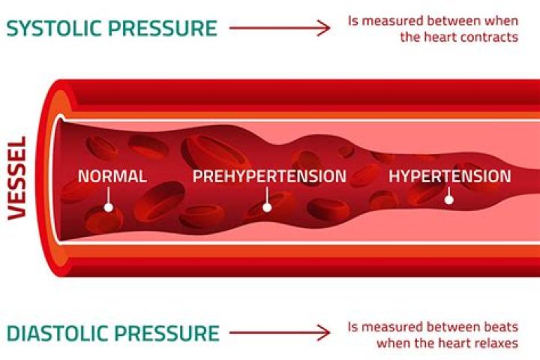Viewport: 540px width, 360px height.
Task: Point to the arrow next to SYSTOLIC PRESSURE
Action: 279,28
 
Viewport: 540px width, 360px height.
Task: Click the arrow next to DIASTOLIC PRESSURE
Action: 279,333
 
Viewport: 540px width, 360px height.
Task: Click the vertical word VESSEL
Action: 17,177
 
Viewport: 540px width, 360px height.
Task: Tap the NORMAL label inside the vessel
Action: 112,177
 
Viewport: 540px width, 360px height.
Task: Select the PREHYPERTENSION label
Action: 269,177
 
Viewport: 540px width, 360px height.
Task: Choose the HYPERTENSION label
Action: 449,177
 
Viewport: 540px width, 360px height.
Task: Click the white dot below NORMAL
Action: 109,206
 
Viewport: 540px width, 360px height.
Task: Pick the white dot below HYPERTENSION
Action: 449,199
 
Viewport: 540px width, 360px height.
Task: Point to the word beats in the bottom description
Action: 501,328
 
